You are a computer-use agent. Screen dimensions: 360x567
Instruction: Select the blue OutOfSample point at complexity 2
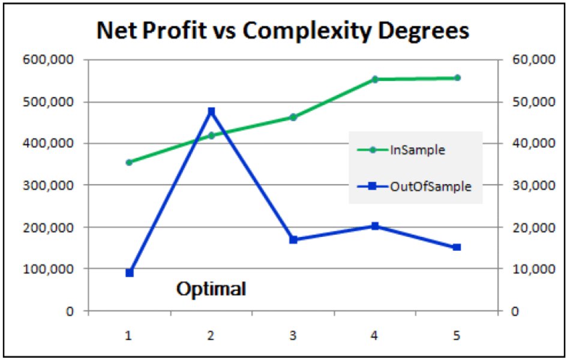tap(211, 112)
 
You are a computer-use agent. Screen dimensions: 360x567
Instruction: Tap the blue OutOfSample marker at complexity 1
tap(130, 273)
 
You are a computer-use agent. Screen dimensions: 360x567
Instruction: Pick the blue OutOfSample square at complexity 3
tap(293, 240)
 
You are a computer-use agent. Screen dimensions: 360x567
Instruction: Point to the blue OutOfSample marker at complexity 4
tap(375, 226)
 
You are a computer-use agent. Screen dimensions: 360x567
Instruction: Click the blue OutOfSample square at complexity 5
tap(457, 247)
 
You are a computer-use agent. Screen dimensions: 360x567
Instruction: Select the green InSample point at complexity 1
tap(129, 162)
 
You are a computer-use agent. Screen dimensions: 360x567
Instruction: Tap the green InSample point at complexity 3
tap(293, 117)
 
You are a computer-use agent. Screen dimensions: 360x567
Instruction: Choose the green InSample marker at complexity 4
tap(375, 79)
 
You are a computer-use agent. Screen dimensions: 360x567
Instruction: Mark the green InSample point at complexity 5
tap(457, 77)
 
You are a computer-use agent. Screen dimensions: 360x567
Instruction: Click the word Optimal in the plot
tap(211, 289)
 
